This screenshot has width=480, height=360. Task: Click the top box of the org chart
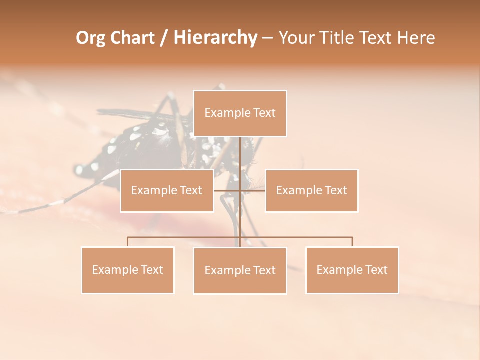[x=240, y=113]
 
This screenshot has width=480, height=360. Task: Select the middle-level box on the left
[x=167, y=190]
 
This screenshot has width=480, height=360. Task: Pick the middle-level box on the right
[x=311, y=190]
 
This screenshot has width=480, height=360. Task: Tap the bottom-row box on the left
[x=128, y=270]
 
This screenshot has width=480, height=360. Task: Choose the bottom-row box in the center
[x=240, y=270]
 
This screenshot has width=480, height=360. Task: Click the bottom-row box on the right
[x=352, y=270]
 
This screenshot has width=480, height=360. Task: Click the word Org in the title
[x=90, y=38]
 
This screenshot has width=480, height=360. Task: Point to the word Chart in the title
[x=132, y=38]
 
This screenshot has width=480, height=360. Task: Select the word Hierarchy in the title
[x=215, y=38]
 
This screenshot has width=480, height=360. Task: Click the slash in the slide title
[x=164, y=38]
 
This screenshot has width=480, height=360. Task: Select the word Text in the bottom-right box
[x=376, y=270]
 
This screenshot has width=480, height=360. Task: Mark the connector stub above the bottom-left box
[x=128, y=242]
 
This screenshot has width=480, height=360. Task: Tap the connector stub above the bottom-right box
[x=352, y=242]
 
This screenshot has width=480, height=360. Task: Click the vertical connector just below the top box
[x=240, y=150]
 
